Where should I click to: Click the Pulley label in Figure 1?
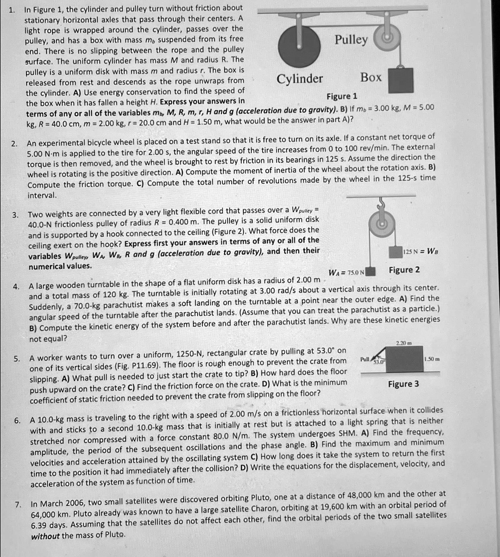click(351, 40)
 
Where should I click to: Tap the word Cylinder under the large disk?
click(300, 79)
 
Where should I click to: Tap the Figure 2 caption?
click(404, 270)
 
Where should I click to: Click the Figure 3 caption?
click(403, 384)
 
